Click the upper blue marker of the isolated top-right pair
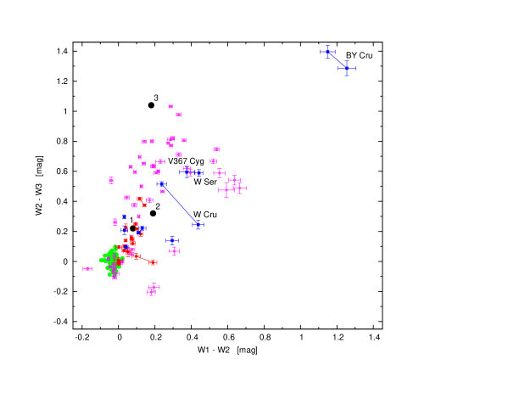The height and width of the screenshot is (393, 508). click(x=328, y=53)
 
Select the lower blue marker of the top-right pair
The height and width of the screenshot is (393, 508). click(x=346, y=68)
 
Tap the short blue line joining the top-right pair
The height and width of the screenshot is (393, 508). click(x=338, y=60)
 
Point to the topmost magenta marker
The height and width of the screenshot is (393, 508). click(x=170, y=106)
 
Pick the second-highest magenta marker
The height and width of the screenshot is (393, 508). click(x=178, y=115)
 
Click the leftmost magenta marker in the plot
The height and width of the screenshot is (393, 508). click(x=87, y=269)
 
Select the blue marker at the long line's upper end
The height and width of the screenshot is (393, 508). click(x=161, y=184)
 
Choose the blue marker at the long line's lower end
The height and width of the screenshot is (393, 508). click(x=198, y=225)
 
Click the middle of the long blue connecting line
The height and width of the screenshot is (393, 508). click(x=180, y=205)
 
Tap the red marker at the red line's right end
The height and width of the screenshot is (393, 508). click(x=154, y=262)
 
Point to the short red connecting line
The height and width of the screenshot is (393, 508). click(x=143, y=258)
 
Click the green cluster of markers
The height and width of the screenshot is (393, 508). click(x=110, y=259)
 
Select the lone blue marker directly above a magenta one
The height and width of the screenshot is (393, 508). click(x=172, y=241)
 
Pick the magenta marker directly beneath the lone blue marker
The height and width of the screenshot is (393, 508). click(x=174, y=251)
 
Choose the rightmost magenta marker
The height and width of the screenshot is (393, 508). click(x=240, y=188)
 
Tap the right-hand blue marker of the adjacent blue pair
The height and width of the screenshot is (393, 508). click(x=197, y=172)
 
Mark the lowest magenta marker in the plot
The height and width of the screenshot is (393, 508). click(x=152, y=293)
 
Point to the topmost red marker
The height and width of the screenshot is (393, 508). click(x=140, y=199)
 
